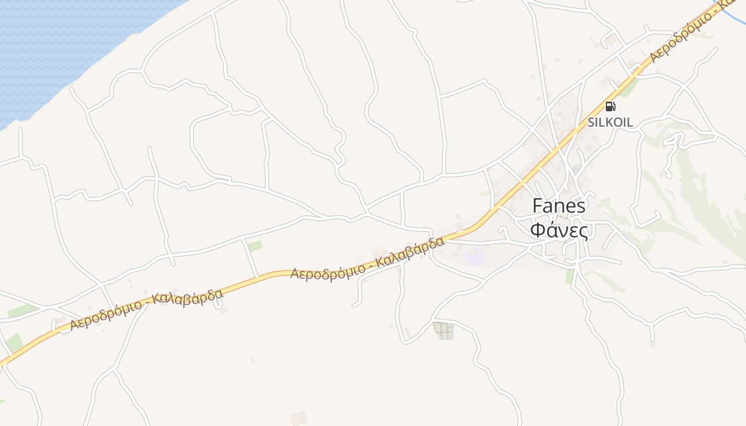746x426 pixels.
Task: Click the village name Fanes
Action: coord(559,206)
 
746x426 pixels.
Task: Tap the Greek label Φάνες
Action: coord(559,231)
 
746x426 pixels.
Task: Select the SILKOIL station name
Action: coord(610,122)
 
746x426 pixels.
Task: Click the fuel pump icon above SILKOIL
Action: coord(610,106)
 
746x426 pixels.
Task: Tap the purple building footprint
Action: coord(474,257)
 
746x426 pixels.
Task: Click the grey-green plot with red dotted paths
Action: coord(443,331)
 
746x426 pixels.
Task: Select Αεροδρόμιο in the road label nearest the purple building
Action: coord(328,271)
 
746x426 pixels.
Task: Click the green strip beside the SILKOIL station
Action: coord(629,88)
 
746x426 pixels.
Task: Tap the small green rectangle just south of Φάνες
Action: coord(570,276)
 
